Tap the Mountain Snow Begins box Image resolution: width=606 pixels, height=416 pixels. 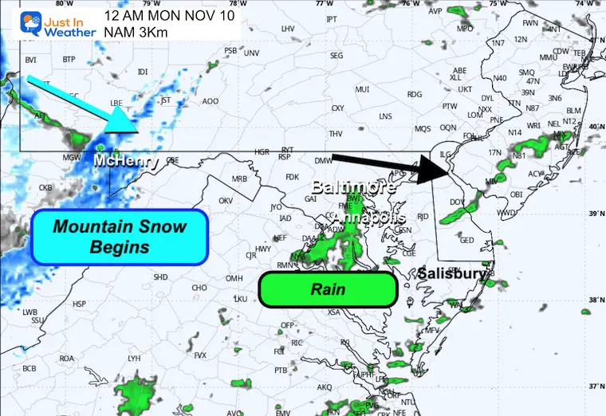coord(120,237)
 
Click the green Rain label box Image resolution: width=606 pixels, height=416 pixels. coord(328,289)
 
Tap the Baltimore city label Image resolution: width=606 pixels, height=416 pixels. coord(348,188)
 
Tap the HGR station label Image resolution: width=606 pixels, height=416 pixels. coord(262,151)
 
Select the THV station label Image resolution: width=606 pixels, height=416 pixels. coord(336,133)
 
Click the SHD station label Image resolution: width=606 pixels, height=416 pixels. coord(160,277)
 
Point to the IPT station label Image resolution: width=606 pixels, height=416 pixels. coord(332,18)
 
